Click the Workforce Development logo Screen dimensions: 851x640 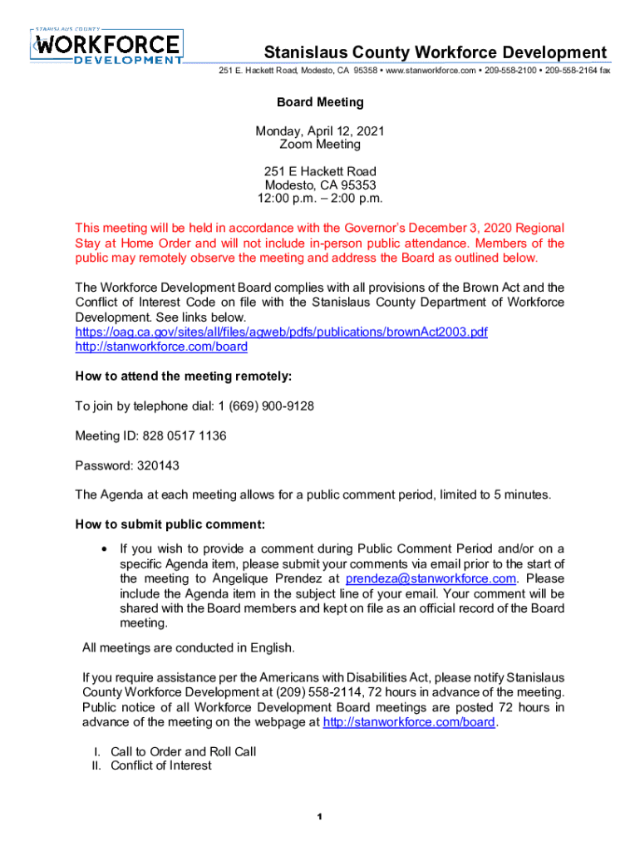pyautogui.click(x=107, y=47)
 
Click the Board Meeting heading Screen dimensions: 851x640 pyautogui.click(x=320, y=102)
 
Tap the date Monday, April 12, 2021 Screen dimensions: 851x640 pyautogui.click(x=320, y=130)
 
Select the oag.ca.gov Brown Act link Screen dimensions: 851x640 pyautogui.click(x=281, y=332)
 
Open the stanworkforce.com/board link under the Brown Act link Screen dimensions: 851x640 pyautogui.click(x=161, y=346)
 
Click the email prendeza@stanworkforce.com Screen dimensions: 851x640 pyautogui.click(x=431, y=578)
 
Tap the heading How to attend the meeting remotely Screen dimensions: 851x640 pyautogui.click(x=183, y=376)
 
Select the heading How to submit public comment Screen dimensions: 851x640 pyautogui.click(x=170, y=524)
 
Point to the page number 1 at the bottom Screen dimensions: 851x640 pyautogui.click(x=319, y=818)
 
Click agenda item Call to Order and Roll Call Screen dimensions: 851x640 pyautogui.click(x=183, y=751)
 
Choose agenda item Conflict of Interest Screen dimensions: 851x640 pyautogui.click(x=160, y=765)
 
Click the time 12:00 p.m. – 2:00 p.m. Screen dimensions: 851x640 pyautogui.click(x=320, y=199)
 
